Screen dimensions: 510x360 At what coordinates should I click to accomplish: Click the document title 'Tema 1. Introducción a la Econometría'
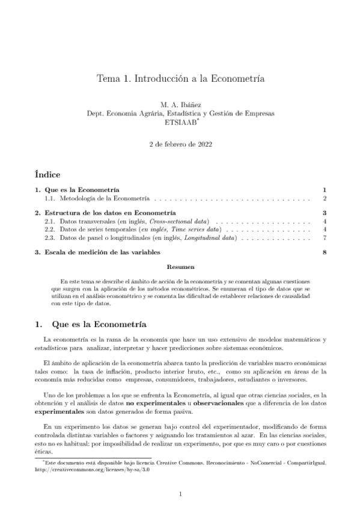pyautogui.click(x=180, y=79)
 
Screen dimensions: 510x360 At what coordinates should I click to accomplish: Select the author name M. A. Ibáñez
pyautogui.click(x=180, y=105)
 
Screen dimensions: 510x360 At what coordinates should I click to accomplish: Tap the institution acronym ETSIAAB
pyautogui.click(x=179, y=122)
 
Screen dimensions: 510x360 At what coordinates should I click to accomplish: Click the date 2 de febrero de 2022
pyautogui.click(x=180, y=145)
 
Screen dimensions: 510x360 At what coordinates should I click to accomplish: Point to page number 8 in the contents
pyautogui.click(x=324, y=253)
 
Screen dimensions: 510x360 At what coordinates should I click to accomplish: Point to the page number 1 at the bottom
pyautogui.click(x=180, y=494)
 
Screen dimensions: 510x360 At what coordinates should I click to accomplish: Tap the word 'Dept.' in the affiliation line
pyautogui.click(x=97, y=114)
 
